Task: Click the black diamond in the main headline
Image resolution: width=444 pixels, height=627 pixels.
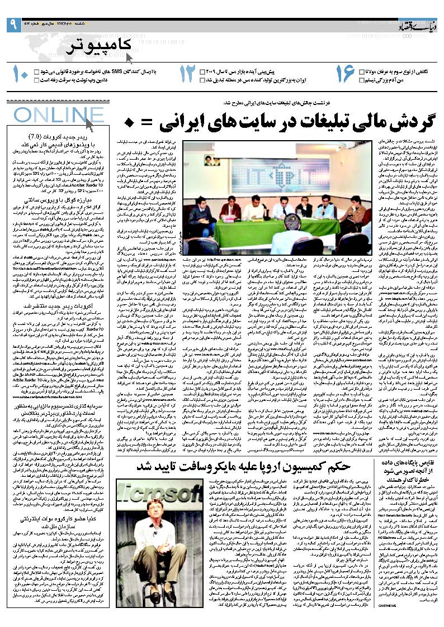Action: point(129,121)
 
